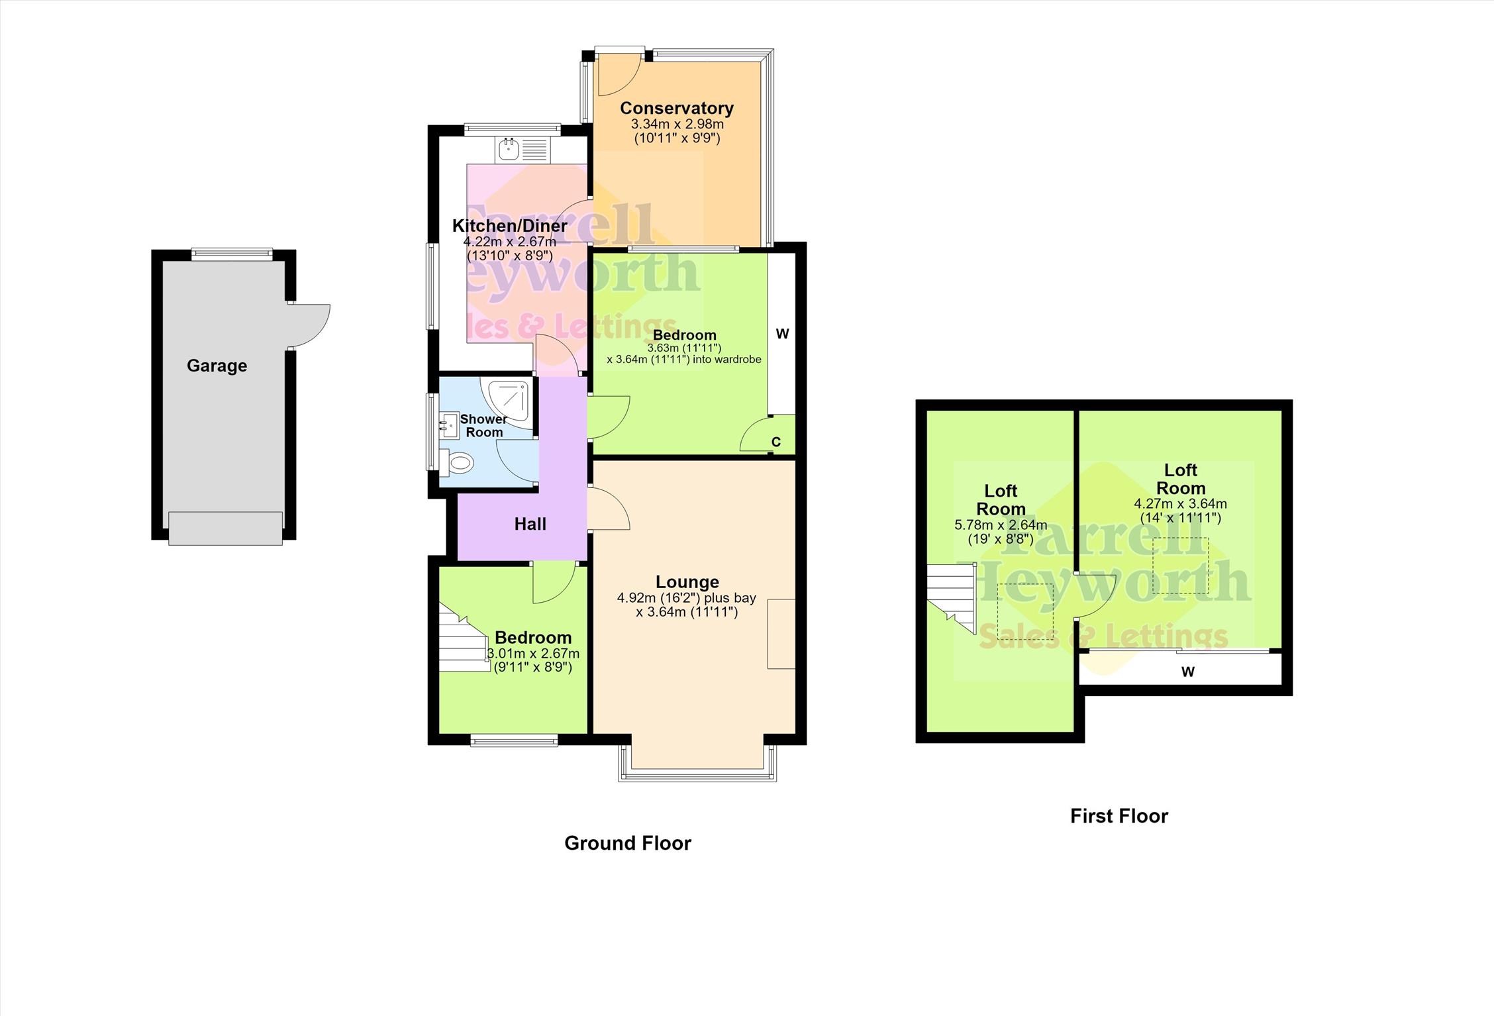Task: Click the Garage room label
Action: point(217,366)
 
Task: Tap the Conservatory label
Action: point(677,108)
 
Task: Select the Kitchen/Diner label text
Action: point(509,226)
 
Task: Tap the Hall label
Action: point(530,525)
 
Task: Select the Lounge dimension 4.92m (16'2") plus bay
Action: point(687,598)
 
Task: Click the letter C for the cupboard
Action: point(776,442)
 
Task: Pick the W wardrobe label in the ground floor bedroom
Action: point(783,334)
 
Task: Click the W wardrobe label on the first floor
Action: point(1188,672)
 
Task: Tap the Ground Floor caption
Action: point(628,843)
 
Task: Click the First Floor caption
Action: point(1119,816)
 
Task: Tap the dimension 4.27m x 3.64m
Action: point(1181,504)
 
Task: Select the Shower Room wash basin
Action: point(449,425)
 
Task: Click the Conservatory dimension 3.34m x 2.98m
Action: point(677,125)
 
